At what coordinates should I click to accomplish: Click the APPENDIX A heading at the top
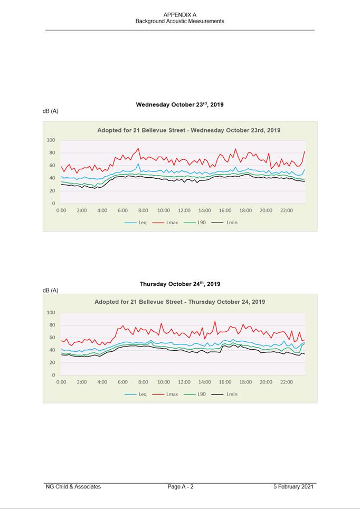(x=179, y=15)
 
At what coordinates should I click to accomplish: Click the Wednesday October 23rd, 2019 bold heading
(x=179, y=104)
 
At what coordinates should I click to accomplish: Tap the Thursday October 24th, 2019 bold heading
(x=179, y=284)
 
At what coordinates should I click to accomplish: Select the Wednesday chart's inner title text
(x=188, y=130)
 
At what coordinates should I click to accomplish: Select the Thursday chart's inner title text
(x=179, y=302)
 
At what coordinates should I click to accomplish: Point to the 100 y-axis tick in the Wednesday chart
(x=51, y=140)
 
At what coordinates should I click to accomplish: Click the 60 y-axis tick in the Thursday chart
(x=52, y=338)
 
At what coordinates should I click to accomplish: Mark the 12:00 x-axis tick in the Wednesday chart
(x=184, y=210)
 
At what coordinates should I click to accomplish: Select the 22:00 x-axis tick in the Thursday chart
(x=287, y=382)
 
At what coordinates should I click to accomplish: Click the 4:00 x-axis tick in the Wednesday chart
(x=102, y=210)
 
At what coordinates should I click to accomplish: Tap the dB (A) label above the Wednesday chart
(x=51, y=111)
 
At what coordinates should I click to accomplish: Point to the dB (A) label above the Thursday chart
(x=51, y=291)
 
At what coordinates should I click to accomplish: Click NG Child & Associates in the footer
(x=73, y=486)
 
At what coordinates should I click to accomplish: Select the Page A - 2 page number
(x=181, y=486)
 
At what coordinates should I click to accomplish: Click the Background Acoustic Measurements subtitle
(x=179, y=22)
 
